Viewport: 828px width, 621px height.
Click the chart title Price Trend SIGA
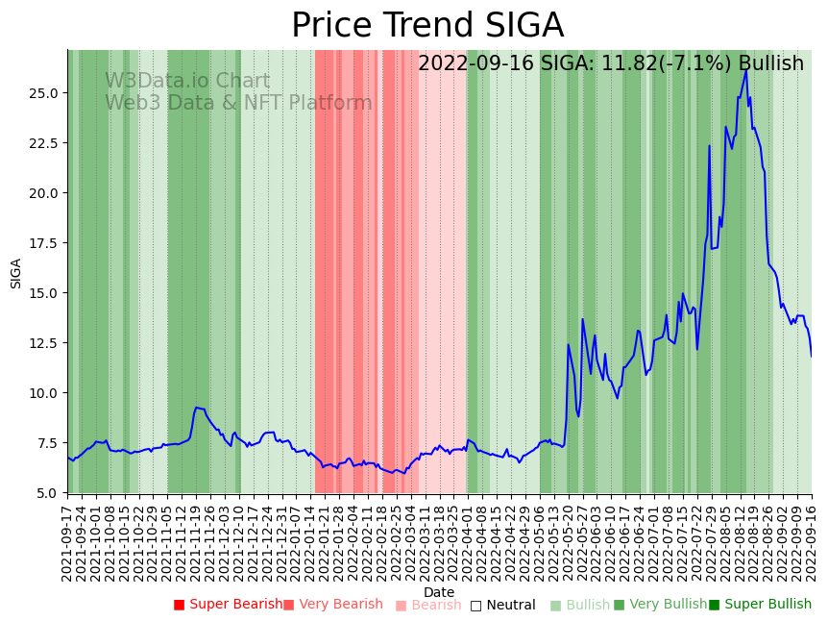pos(427,26)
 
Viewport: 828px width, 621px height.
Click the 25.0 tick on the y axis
pos(46,93)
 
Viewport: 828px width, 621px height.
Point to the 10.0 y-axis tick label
pos(46,393)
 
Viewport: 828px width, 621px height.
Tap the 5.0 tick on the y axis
pos(50,493)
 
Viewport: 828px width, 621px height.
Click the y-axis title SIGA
pos(16,272)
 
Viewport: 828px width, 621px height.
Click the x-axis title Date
pos(439,592)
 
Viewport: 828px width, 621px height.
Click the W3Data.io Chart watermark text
pos(187,82)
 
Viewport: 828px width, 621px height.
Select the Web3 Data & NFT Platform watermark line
pos(238,104)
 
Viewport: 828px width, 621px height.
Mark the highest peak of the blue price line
pos(746,68)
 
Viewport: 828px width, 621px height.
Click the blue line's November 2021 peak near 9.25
pos(196,408)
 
